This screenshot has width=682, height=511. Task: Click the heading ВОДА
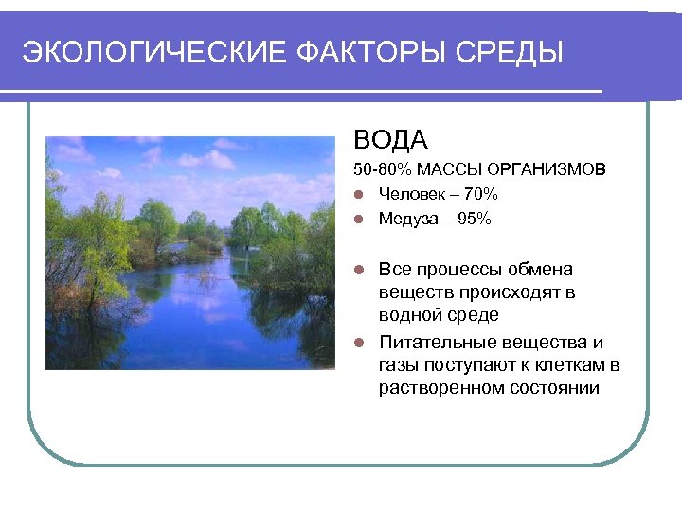pyautogui.click(x=391, y=141)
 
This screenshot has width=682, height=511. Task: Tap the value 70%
pyautogui.click(x=478, y=194)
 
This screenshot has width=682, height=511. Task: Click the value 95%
pyautogui.click(x=473, y=219)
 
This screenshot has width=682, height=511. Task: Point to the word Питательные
pyautogui.click(x=434, y=342)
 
